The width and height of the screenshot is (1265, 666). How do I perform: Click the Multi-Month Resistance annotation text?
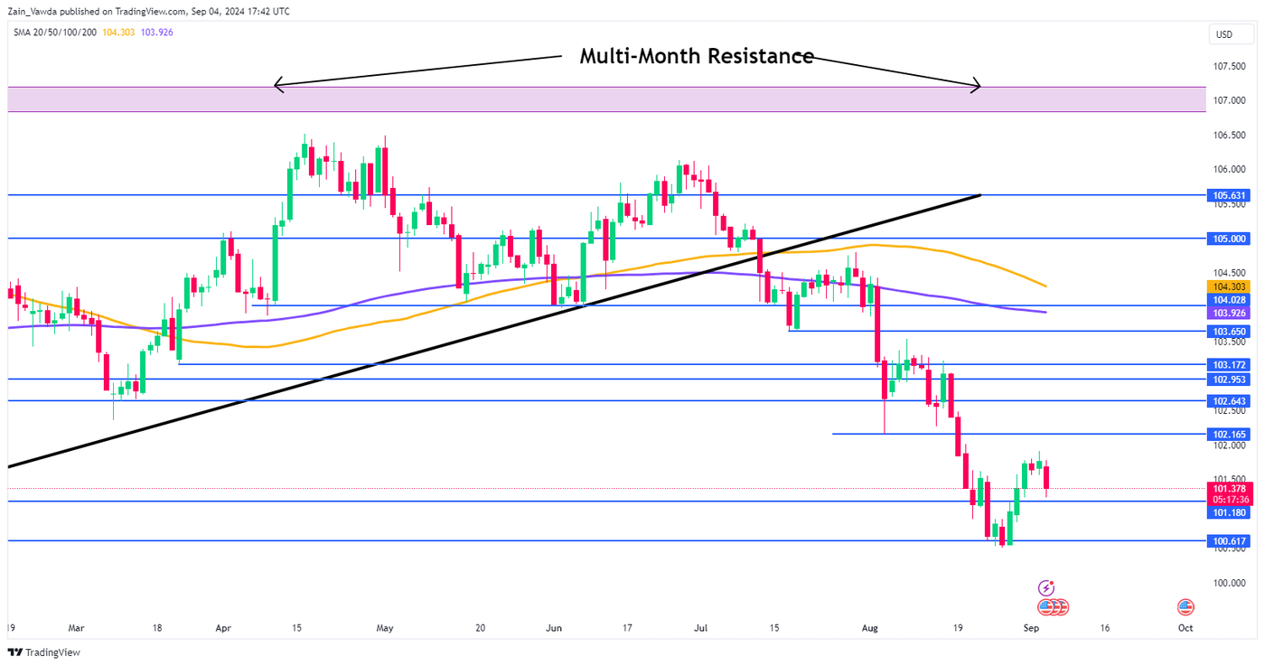(696, 56)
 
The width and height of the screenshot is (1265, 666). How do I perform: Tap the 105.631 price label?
(1229, 195)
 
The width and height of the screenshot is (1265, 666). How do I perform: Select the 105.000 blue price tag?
(1229, 239)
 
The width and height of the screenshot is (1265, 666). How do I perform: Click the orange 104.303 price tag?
(1229, 286)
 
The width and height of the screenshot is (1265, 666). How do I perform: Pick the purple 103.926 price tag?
(1229, 313)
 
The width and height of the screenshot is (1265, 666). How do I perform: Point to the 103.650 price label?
(1229, 332)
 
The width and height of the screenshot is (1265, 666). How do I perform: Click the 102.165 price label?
(1229, 435)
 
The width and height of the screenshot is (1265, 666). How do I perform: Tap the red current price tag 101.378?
(1229, 488)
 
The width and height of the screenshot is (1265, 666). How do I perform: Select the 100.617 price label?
(1229, 541)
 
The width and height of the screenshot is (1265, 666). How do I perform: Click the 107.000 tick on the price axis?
(1231, 100)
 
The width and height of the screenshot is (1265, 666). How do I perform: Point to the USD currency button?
(1224, 35)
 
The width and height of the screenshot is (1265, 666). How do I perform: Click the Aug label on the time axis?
(869, 627)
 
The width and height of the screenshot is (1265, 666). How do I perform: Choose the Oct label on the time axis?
(1185, 627)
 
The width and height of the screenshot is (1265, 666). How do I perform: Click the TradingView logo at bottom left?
(44, 652)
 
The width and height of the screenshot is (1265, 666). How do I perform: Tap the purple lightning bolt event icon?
(1046, 587)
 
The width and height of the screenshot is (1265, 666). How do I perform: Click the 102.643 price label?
(1229, 400)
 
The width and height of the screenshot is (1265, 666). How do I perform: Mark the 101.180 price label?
(1229, 512)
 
